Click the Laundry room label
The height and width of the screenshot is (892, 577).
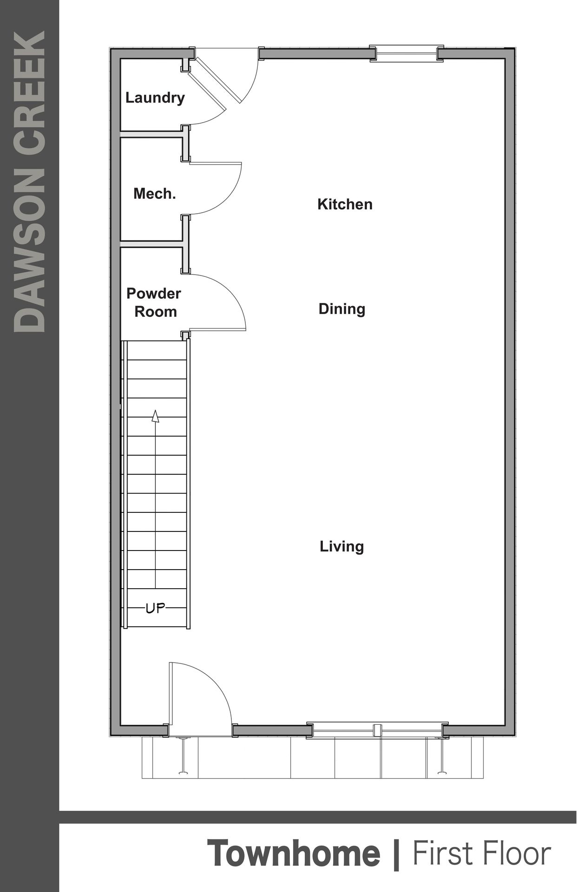point(155,98)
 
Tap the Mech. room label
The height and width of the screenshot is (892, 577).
point(154,194)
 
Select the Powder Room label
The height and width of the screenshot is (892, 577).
point(154,302)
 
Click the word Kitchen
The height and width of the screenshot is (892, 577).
point(345,204)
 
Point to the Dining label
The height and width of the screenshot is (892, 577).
point(342,309)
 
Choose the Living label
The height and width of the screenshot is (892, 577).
point(341,546)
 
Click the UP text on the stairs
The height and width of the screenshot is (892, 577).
point(155,608)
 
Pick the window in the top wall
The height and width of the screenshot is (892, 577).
point(407,53)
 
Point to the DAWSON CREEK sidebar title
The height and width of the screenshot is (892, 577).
point(30,181)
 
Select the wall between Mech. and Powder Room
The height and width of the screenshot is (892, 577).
point(151,243)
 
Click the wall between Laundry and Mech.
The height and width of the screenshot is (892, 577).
point(151,135)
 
